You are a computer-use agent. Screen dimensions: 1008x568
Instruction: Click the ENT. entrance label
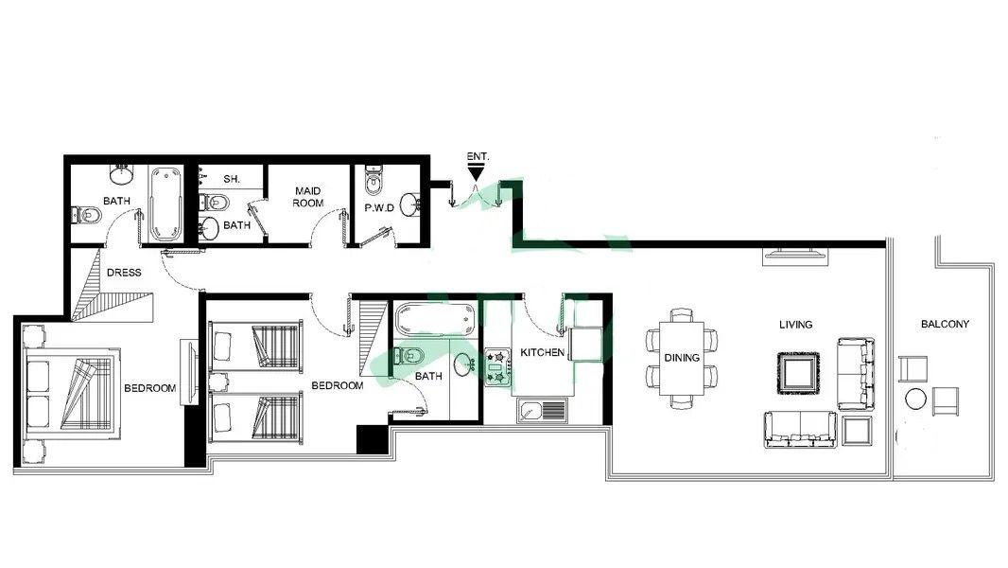point(478,156)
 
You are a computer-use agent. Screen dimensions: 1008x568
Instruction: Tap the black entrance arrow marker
point(476,172)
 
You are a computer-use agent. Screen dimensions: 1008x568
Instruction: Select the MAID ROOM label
point(308,197)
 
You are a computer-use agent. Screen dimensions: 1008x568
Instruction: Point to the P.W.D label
point(379,207)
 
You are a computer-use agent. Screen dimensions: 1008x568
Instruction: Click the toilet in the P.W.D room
point(373,180)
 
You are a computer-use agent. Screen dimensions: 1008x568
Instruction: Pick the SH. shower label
point(232,179)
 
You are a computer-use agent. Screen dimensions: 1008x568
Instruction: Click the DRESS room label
point(124,273)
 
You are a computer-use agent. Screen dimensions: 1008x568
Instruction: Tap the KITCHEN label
point(542,352)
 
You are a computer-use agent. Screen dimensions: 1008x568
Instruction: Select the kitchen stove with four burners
point(497,367)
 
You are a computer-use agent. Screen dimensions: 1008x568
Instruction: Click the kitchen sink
point(542,411)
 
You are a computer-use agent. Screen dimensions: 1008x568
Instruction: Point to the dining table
point(682,358)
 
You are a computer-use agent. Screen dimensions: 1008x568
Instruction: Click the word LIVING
point(796,325)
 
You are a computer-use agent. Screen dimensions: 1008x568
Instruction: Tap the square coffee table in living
point(798,372)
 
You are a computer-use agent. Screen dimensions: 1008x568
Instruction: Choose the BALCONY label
point(945,324)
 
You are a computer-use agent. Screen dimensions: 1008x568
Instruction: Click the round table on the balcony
point(915,399)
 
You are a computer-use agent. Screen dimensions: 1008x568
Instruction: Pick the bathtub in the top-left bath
point(165,204)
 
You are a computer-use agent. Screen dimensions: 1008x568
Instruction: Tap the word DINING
point(682,358)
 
